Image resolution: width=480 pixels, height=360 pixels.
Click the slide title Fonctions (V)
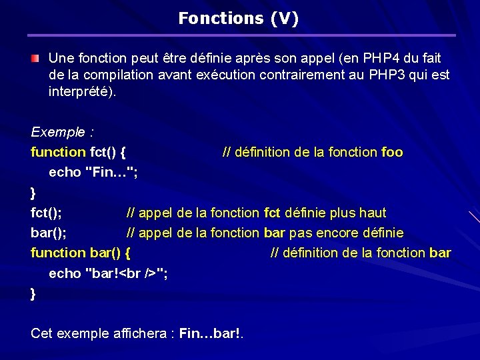coord(238,19)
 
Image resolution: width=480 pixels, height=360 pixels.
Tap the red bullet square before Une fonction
coord(35,59)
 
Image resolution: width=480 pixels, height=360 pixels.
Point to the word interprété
coord(81,91)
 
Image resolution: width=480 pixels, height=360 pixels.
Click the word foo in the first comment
coord(391,152)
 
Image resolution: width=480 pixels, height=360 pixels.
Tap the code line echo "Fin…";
coord(93,172)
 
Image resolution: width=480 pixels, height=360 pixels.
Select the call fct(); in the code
coord(47,213)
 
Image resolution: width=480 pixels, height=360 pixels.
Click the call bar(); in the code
coord(48,233)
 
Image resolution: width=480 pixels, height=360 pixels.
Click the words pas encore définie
coord(357,233)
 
